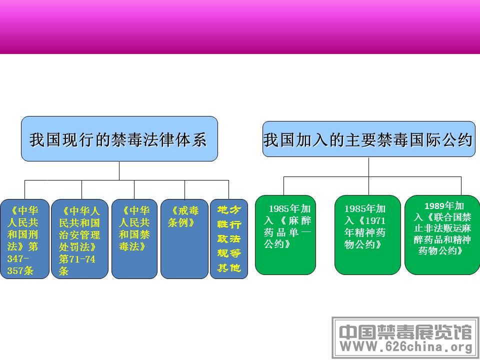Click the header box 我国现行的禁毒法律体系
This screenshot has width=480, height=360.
pos(119,138)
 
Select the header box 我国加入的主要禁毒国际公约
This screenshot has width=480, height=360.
pos(369,139)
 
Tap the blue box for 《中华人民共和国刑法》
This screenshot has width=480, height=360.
pos(24,239)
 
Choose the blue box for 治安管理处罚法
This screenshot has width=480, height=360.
pos(79,239)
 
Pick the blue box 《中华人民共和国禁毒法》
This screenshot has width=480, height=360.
pos(134,239)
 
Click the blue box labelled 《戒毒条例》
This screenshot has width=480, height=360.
pos(184,239)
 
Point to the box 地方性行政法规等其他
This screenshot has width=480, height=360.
pos(229,239)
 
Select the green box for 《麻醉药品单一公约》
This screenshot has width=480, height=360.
pos(285,235)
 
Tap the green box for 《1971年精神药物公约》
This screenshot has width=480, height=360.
pos(367,235)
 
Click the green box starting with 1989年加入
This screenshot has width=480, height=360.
pos(442,235)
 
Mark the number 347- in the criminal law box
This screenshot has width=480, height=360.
pos(18,258)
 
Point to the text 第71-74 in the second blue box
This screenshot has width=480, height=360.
pos(77,259)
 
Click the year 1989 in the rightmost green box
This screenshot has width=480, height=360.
pos(434,206)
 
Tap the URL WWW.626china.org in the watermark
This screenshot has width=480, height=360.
pos(406,347)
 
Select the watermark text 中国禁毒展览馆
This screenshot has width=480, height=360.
pos(405,332)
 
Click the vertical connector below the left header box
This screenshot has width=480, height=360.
pos(119,171)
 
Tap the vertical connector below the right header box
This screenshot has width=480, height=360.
pos(368,167)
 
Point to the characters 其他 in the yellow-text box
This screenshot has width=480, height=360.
pos(229,268)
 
